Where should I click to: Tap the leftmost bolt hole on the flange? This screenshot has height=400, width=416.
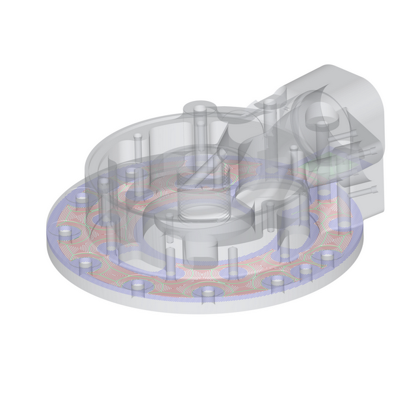(x=65, y=230)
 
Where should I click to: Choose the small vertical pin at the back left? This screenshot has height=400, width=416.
(x=138, y=137)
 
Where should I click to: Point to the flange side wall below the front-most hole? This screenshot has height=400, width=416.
(x=208, y=306)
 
